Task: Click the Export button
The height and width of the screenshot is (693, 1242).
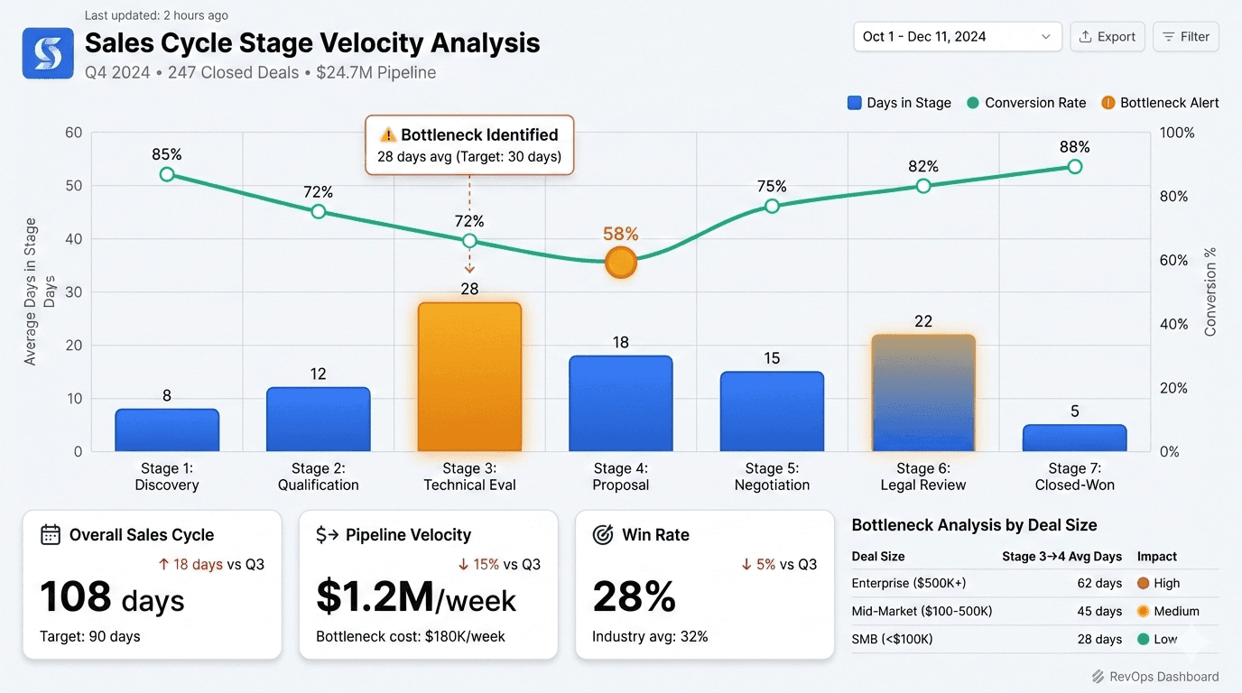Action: (x=1108, y=37)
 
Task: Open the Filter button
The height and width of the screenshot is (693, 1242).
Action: (x=1185, y=37)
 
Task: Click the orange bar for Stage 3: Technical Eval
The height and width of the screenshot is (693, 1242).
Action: (x=469, y=377)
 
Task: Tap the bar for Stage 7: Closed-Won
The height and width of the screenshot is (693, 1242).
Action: (x=1074, y=438)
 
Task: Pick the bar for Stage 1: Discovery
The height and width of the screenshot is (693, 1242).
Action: (x=167, y=430)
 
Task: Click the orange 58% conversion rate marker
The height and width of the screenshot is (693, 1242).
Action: (x=621, y=263)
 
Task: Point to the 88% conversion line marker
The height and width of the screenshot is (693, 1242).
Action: (x=1074, y=167)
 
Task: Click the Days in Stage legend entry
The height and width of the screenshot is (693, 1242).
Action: (x=899, y=103)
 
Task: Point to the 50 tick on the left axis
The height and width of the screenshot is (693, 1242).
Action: (x=73, y=186)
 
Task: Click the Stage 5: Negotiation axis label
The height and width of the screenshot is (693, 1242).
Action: (x=772, y=476)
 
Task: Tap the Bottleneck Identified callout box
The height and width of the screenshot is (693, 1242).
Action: (x=469, y=144)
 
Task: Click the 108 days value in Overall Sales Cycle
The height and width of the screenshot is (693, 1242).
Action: (x=112, y=599)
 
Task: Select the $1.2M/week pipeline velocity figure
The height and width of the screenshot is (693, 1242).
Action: (x=416, y=599)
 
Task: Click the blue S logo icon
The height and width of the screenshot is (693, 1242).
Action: (x=48, y=52)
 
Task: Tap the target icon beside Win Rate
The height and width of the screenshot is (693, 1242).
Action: (x=603, y=534)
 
